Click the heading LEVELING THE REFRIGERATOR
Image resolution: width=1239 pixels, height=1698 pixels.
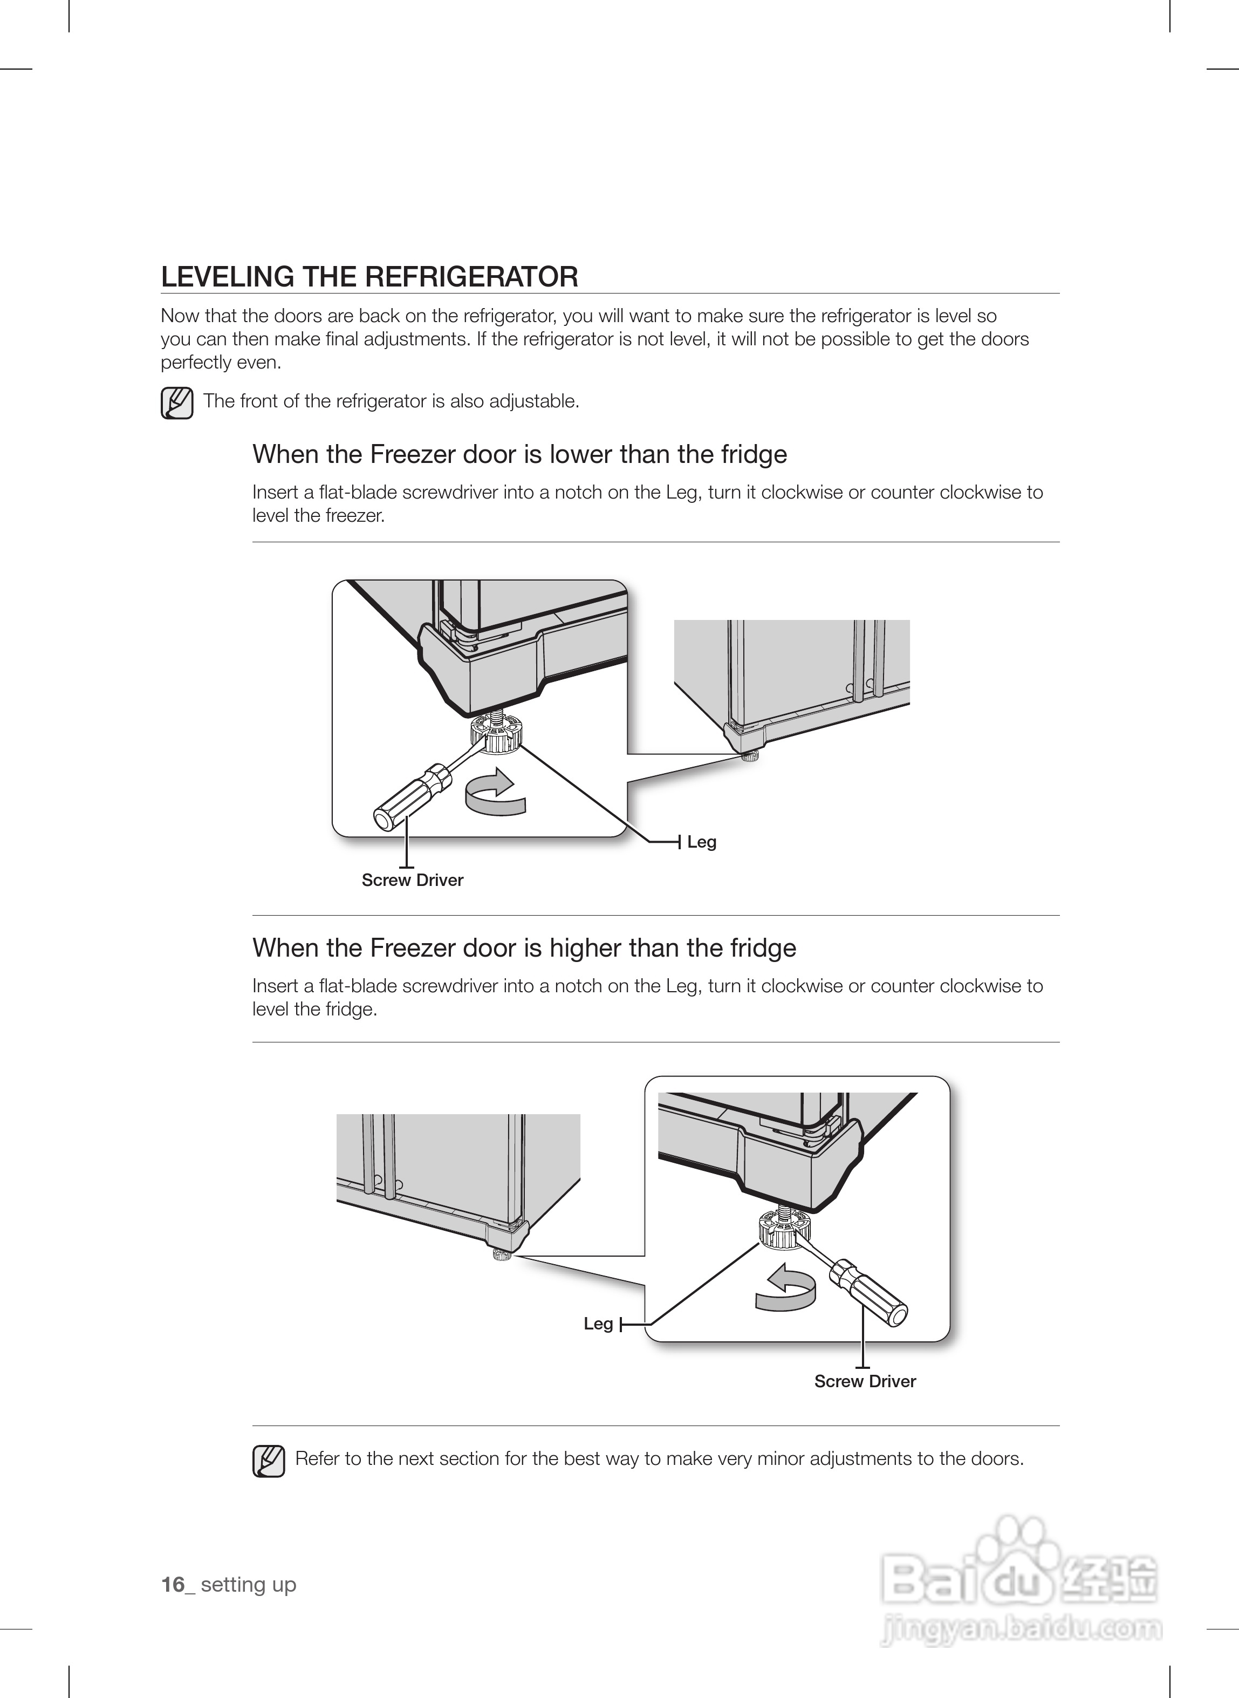coord(369,277)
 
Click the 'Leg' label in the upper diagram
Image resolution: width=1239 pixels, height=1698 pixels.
coord(701,842)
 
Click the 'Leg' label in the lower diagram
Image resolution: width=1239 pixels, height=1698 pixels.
coord(598,1324)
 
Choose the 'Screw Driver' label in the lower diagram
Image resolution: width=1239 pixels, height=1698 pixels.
coord(865,1381)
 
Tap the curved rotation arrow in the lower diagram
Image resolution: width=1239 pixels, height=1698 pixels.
coord(784,1288)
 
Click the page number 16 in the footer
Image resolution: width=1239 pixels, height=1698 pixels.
coord(173,1584)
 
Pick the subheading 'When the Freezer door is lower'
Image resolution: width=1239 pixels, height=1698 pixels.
coord(519,454)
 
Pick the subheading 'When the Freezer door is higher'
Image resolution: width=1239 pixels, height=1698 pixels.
coord(524,948)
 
